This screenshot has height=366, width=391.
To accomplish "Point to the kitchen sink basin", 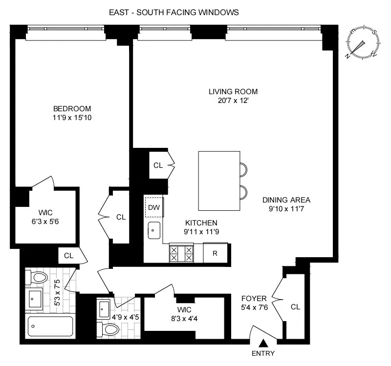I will (154, 229).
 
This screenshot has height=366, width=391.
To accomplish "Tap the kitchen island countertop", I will (219, 181).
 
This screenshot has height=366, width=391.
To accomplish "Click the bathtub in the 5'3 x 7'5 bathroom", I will (50, 326).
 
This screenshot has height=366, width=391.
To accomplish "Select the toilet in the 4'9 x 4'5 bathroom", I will (109, 329).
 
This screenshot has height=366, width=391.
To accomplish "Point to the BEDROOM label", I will (72, 109).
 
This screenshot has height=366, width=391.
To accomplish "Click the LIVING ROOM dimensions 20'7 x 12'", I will (233, 101).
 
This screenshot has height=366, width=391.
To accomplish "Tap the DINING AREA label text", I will (286, 200).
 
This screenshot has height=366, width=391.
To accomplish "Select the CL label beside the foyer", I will (295, 307).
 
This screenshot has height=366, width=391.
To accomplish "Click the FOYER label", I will (254, 298).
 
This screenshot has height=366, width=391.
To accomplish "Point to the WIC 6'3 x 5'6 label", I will (45, 217).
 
